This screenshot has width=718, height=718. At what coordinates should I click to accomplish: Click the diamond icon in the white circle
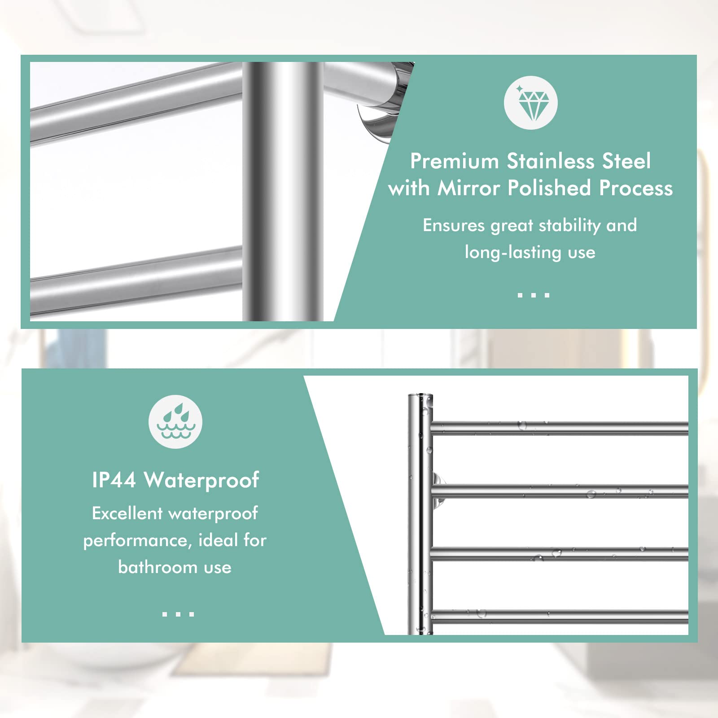(530, 103)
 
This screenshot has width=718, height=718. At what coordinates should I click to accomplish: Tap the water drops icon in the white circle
(175, 422)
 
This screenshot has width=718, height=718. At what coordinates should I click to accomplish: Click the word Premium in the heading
(454, 161)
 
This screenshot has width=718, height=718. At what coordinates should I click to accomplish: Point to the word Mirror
(468, 188)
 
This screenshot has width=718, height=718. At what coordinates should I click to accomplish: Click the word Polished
(549, 188)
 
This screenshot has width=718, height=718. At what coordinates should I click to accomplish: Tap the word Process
(636, 188)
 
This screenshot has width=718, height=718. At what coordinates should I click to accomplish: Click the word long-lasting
(512, 253)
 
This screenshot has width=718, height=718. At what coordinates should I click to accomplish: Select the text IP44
(114, 480)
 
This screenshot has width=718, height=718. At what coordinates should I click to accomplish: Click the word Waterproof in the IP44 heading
(201, 480)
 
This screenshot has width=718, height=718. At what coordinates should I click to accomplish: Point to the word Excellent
(127, 513)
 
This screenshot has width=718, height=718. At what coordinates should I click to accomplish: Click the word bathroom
(158, 568)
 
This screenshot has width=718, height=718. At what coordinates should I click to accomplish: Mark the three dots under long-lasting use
(533, 295)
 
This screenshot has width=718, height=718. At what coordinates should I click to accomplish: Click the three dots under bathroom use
(178, 614)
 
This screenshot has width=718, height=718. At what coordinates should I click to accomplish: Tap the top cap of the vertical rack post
(420, 396)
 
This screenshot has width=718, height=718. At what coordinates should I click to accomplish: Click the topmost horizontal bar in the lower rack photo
(559, 428)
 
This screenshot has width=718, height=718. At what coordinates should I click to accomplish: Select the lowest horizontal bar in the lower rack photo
(559, 616)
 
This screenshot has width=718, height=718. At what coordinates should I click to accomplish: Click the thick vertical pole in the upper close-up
(283, 191)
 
